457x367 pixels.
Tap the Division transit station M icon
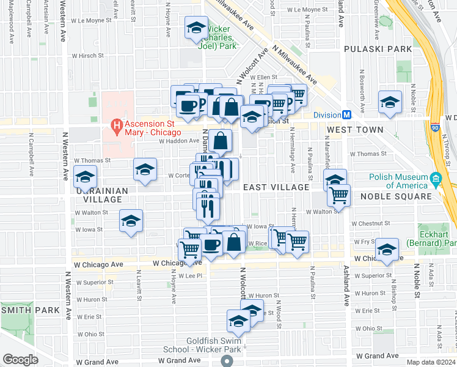coord(346,114)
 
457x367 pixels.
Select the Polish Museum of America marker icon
coord(436,179)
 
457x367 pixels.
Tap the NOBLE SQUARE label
coord(397,196)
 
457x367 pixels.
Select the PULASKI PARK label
coord(370,48)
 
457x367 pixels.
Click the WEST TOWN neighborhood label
coord(355,130)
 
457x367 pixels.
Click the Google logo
coord(20,359)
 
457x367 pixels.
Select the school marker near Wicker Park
coord(196,29)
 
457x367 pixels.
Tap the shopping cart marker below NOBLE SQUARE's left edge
coord(338,196)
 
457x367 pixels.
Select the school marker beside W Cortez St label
coord(145,169)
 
